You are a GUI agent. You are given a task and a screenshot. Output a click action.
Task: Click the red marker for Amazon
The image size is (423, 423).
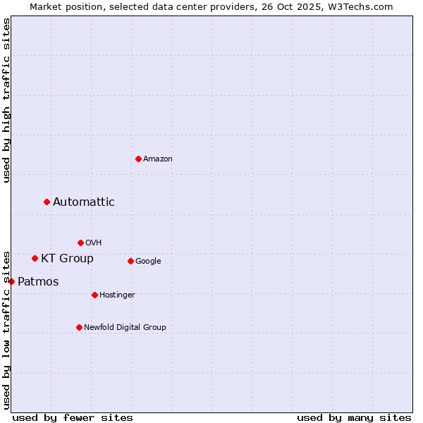(138, 159)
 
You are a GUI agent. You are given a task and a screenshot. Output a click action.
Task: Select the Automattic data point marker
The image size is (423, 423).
(47, 202)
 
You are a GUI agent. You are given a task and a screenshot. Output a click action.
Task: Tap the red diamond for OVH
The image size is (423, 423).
(80, 243)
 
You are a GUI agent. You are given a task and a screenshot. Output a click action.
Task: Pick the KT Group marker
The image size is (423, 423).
(35, 258)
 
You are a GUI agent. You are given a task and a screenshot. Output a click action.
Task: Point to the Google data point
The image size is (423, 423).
(130, 261)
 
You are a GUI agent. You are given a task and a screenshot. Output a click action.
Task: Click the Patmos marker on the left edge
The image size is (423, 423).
(11, 281)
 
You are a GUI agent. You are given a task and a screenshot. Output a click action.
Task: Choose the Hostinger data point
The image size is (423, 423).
(94, 295)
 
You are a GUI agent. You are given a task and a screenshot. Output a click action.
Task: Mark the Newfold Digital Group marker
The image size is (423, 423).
(79, 327)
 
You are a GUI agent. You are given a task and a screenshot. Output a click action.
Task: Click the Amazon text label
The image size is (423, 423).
(158, 159)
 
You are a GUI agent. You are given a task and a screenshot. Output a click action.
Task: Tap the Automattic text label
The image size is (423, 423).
(84, 202)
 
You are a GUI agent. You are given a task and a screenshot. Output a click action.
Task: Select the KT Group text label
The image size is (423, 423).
(67, 259)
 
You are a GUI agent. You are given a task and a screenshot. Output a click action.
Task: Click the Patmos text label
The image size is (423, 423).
(38, 282)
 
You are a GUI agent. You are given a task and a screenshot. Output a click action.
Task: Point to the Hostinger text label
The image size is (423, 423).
(117, 295)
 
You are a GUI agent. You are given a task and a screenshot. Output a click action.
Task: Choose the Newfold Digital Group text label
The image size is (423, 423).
(125, 327)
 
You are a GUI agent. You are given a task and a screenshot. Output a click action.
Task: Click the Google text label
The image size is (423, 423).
(148, 262)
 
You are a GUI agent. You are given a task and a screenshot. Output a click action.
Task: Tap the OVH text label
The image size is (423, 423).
(94, 243)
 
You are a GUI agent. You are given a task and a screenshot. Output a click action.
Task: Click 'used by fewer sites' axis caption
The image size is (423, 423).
(73, 417)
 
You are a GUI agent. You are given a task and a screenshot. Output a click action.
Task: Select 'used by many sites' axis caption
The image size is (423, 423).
(354, 417)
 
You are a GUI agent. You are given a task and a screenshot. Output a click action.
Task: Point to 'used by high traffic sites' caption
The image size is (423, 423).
(7, 100)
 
